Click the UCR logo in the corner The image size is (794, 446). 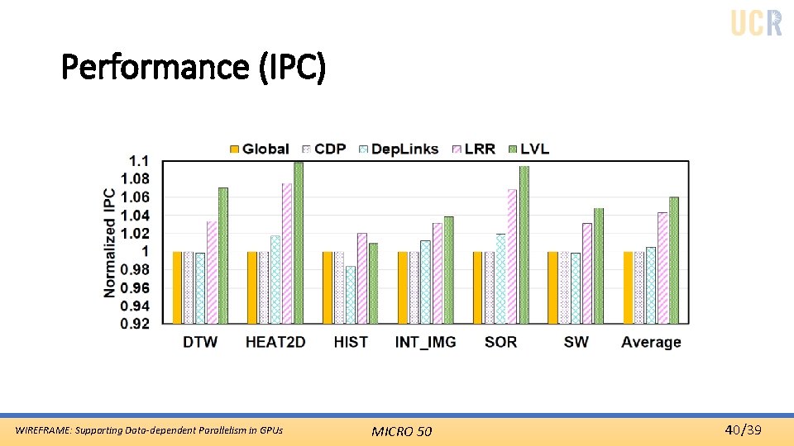point(756,21)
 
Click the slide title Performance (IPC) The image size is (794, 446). point(194,67)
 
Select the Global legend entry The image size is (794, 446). point(259,149)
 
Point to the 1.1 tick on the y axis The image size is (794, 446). point(139,160)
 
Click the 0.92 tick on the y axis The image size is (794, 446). point(135,324)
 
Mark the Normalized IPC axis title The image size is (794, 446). point(110,243)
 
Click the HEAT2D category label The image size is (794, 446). point(275,342)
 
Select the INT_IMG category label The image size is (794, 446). point(425,342)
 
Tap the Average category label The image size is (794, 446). point(651,342)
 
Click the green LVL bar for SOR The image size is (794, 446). point(524,244)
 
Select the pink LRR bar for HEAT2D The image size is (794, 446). point(287,253)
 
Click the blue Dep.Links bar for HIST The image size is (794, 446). point(351,294)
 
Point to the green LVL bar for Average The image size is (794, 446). point(673,259)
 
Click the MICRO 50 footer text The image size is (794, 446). point(401,430)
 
